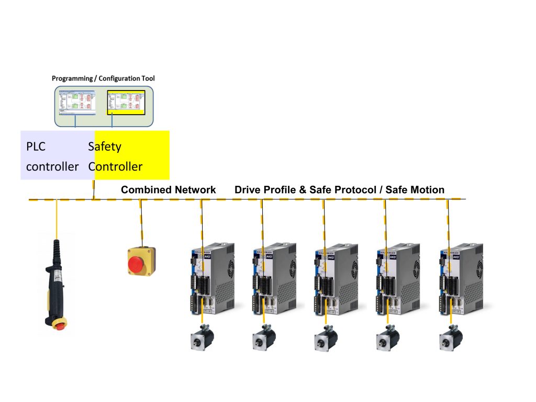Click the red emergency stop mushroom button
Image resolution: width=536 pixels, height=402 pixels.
(137, 262)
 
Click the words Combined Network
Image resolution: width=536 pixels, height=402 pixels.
(168, 190)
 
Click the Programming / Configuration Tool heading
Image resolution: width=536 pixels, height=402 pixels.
(103, 79)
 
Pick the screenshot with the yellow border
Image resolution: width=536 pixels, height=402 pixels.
(126, 102)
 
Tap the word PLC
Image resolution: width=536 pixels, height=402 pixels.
(36, 147)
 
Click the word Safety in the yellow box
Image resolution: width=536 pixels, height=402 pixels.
(105, 147)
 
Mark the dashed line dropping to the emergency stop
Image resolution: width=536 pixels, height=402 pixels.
(140, 220)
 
